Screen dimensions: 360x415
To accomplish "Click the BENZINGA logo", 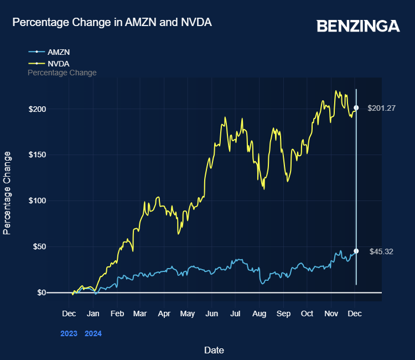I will point(358,26).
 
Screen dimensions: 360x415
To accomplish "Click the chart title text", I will point(112,22).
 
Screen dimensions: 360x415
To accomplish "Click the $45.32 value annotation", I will point(381,251).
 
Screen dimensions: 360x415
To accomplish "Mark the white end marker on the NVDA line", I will point(356,108).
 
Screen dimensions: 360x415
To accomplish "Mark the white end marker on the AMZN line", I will point(356,251).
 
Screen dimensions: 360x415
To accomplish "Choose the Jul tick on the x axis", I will point(235,313).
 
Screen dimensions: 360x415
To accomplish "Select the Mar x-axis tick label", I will point(140,313).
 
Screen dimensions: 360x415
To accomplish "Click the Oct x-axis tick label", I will point(307,313).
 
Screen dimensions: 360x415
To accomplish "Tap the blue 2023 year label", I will point(69,334).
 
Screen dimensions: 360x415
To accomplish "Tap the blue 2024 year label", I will point(93,334).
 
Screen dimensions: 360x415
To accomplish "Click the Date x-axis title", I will point(214,350).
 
